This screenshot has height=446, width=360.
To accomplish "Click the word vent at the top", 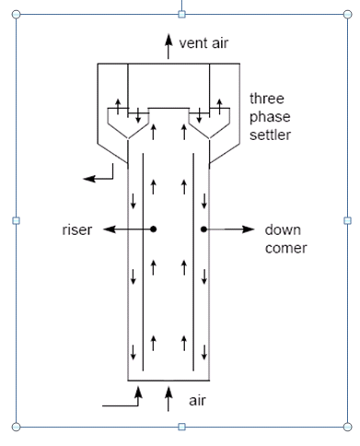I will coord(191,42).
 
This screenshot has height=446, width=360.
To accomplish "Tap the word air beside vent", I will coord(215,42).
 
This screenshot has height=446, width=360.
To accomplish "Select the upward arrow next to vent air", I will coord(168,43).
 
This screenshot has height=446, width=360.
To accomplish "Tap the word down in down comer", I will coord(281,229).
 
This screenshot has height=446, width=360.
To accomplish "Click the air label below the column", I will coord(197,401).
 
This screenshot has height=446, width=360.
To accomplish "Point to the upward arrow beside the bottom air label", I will coord(168,398).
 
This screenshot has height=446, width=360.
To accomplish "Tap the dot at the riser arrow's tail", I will coord(154,229).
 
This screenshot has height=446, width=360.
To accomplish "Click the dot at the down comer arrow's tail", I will coord(204,229).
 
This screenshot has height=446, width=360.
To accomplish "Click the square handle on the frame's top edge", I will coord(181,14).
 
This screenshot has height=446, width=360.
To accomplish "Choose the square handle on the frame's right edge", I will coord(347,220).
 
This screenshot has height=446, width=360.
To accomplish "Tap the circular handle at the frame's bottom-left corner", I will coord(15,427).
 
